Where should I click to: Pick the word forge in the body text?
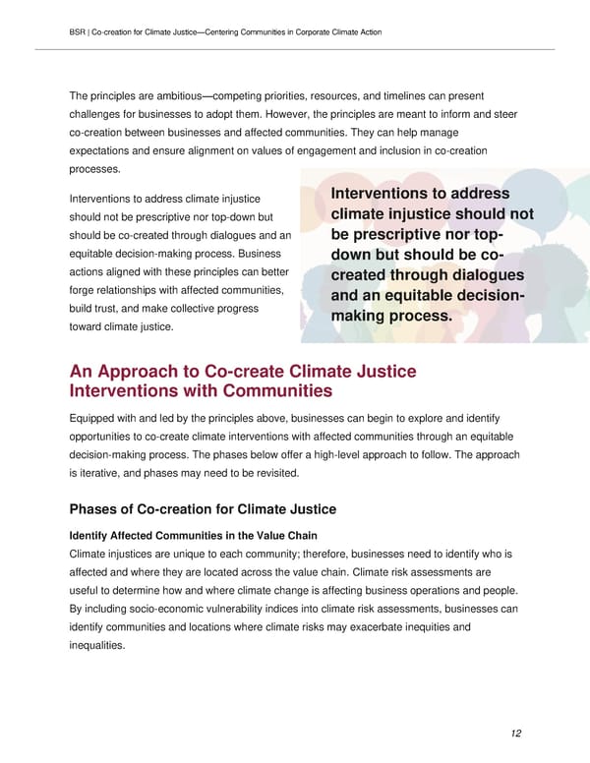[x=83, y=290]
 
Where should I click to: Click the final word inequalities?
[x=97, y=646]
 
